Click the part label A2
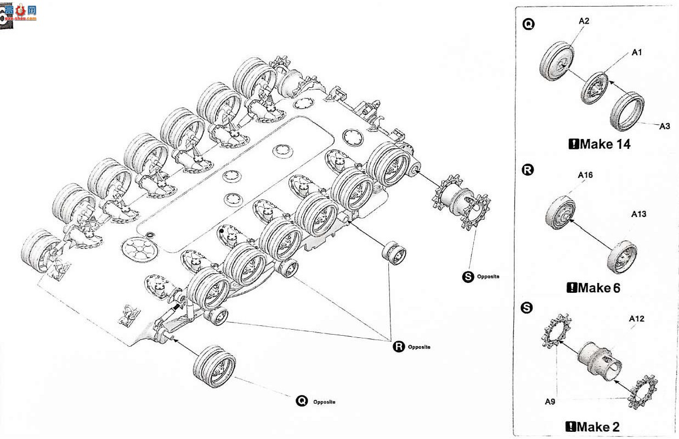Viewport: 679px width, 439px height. tap(584, 21)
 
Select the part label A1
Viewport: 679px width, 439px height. tap(637, 53)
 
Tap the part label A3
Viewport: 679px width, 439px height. tap(665, 126)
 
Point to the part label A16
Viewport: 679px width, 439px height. tap(585, 175)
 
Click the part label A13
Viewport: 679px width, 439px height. tap(638, 214)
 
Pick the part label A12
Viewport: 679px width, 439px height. tap(637, 319)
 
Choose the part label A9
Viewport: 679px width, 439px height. tap(550, 402)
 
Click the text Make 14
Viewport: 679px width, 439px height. tap(605, 144)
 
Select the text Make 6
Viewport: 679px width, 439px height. tap(599, 288)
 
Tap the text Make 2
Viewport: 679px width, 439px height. tap(598, 427)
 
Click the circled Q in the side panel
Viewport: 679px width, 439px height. tap(528, 24)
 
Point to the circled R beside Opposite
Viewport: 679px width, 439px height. tap(399, 346)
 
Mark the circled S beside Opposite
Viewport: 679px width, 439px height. tap(468, 276)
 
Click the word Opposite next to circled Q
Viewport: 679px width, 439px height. tap(324, 402)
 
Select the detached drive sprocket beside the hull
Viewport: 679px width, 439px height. tap(461, 202)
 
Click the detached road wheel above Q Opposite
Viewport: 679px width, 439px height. tap(214, 366)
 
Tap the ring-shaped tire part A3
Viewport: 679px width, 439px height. tap(627, 112)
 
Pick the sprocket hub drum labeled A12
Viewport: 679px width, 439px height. tap(599, 362)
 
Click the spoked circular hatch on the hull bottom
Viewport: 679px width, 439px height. tap(140, 250)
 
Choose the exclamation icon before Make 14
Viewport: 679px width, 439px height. tap(574, 143)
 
